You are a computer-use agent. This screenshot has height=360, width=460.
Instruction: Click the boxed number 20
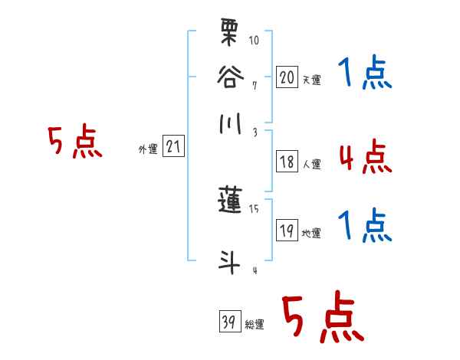pyautogui.click(x=287, y=77)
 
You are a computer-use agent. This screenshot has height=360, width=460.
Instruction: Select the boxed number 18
pyautogui.click(x=287, y=162)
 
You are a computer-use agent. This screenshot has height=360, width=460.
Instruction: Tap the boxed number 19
pyautogui.click(x=287, y=231)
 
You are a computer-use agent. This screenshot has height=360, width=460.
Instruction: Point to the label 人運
pyautogui.click(x=311, y=164)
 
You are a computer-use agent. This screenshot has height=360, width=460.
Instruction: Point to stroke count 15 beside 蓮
pyautogui.click(x=255, y=208)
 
